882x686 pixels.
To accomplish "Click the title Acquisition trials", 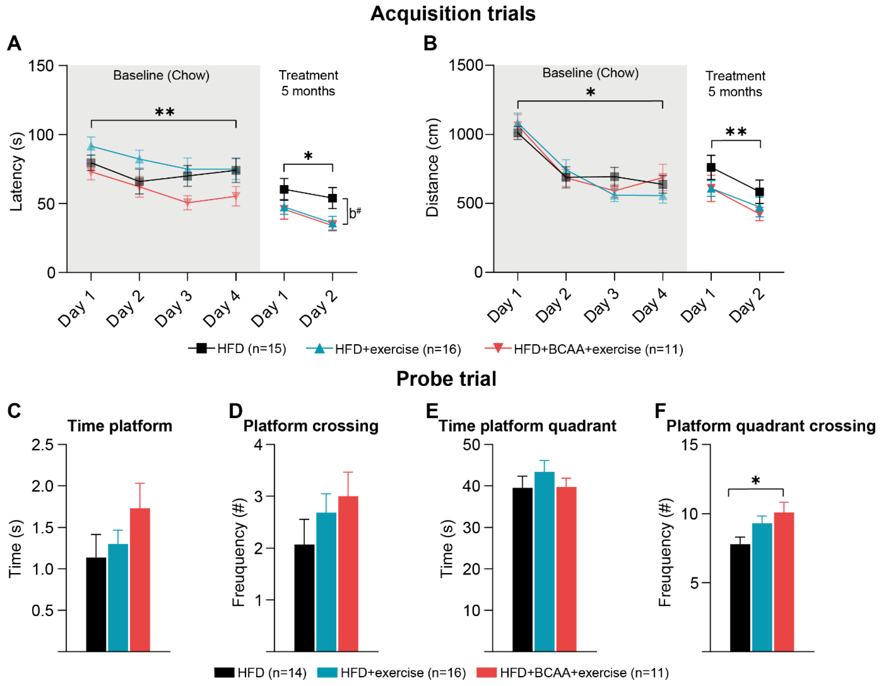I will [x=453, y=14].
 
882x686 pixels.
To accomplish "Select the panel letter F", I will [x=660, y=411].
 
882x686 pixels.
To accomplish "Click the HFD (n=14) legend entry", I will [x=261, y=673].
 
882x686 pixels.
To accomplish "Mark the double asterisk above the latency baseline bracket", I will [x=165, y=112].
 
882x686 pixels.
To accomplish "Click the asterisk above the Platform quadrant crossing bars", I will [x=756, y=481].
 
